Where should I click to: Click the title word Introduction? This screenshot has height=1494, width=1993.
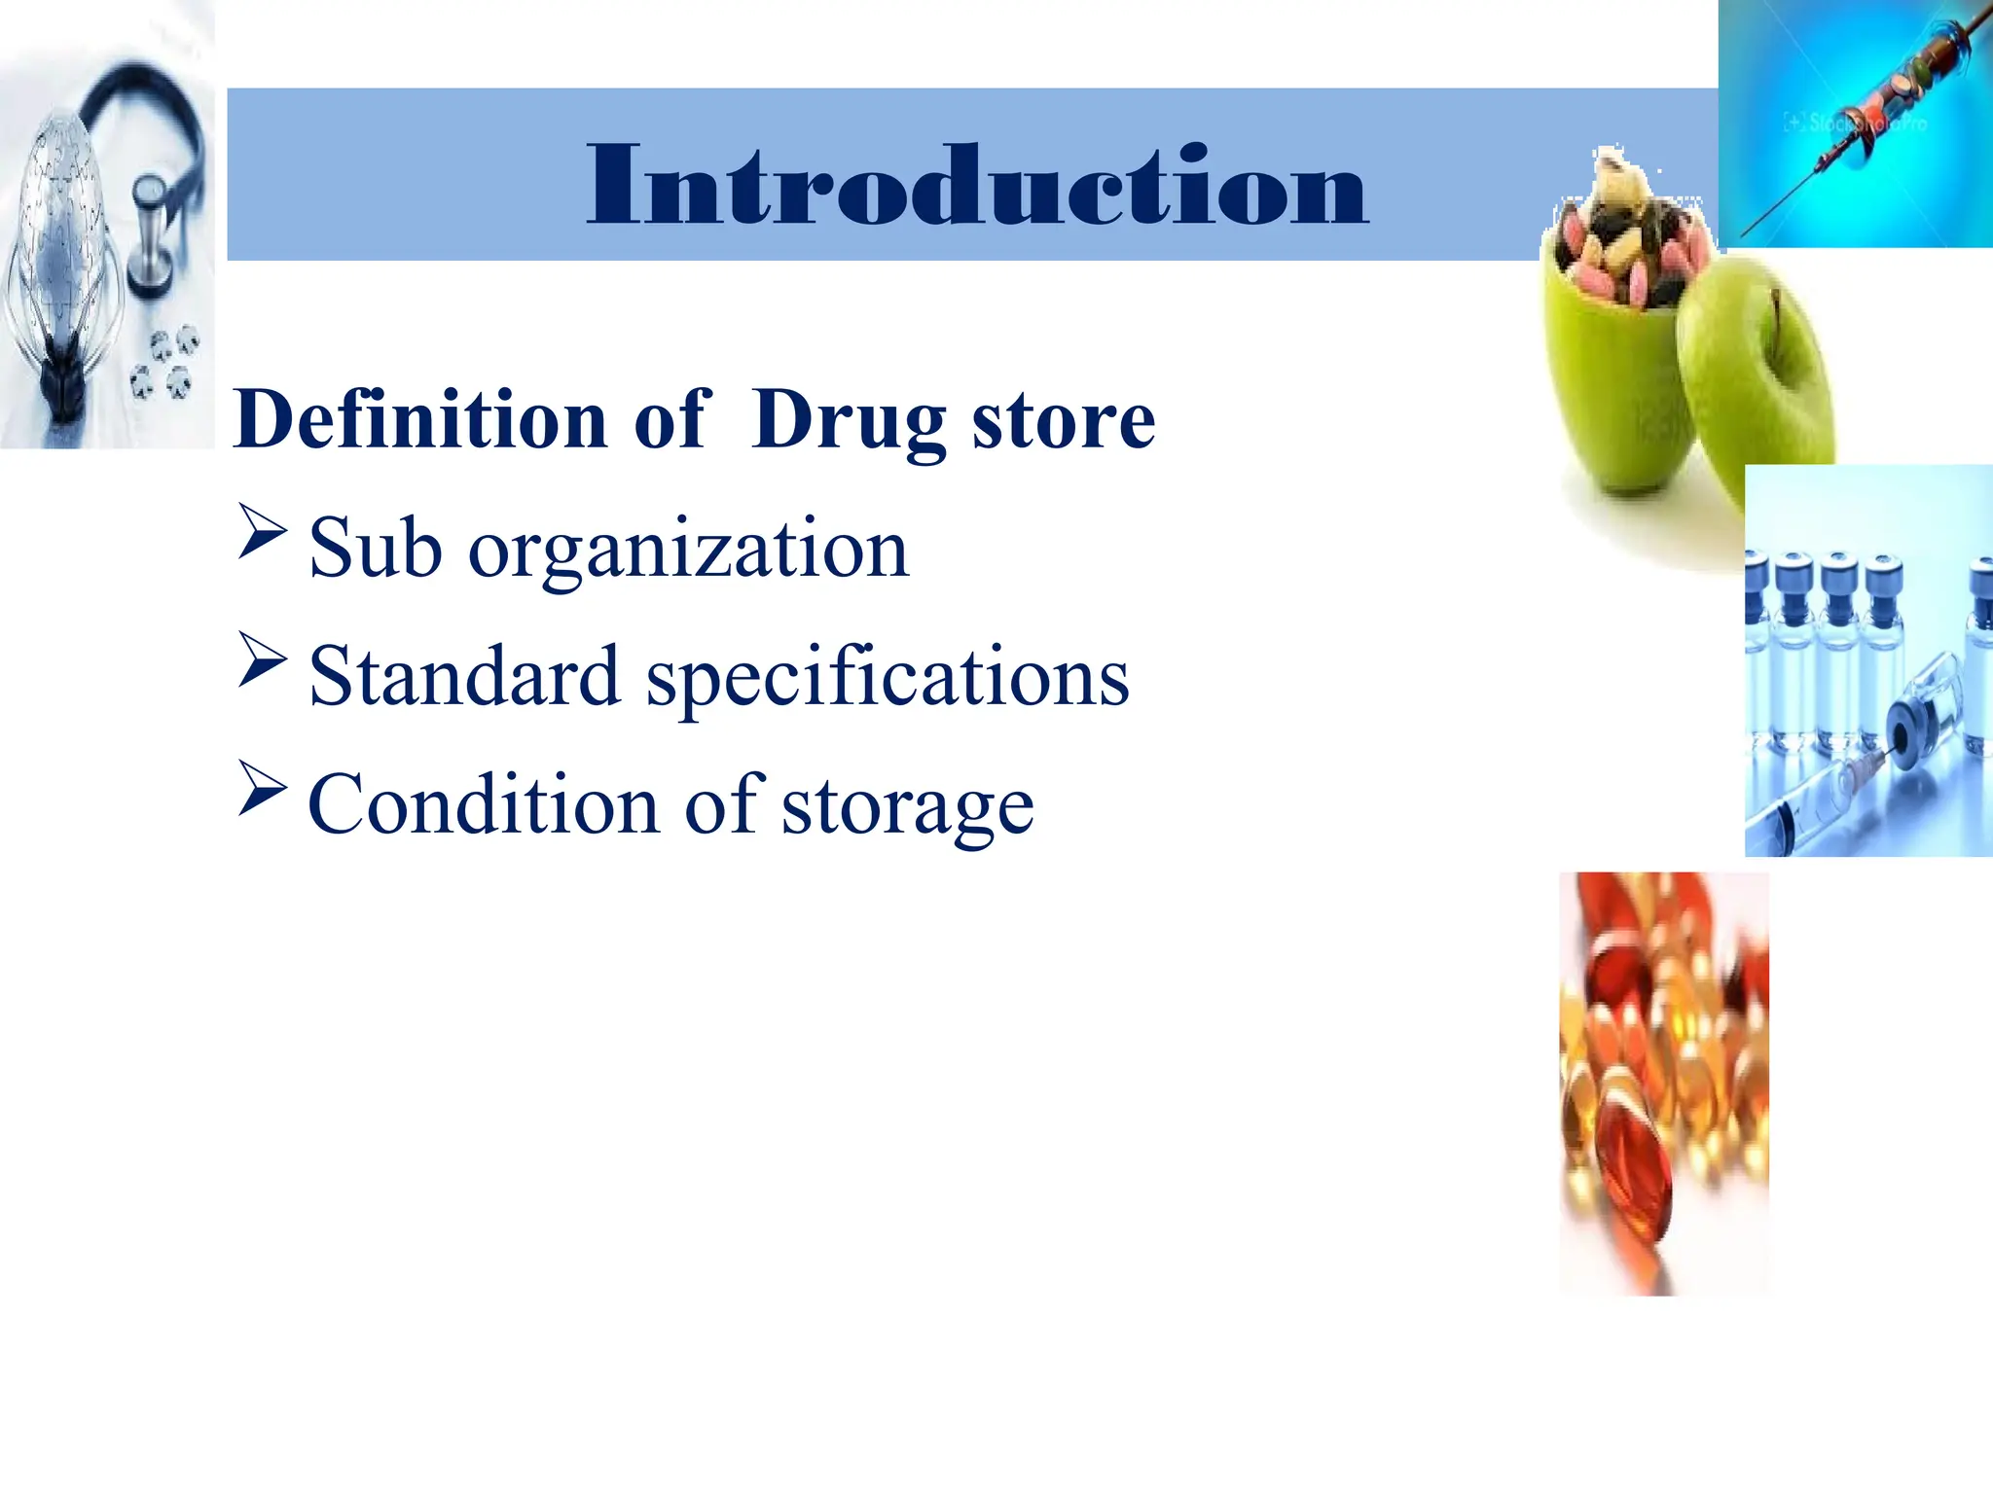point(977,184)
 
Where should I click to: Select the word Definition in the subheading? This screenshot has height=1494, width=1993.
point(420,419)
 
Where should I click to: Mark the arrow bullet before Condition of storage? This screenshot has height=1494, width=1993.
point(262,787)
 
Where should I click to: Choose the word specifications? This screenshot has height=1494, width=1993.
point(888,679)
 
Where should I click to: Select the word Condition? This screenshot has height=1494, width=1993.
point(484,804)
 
